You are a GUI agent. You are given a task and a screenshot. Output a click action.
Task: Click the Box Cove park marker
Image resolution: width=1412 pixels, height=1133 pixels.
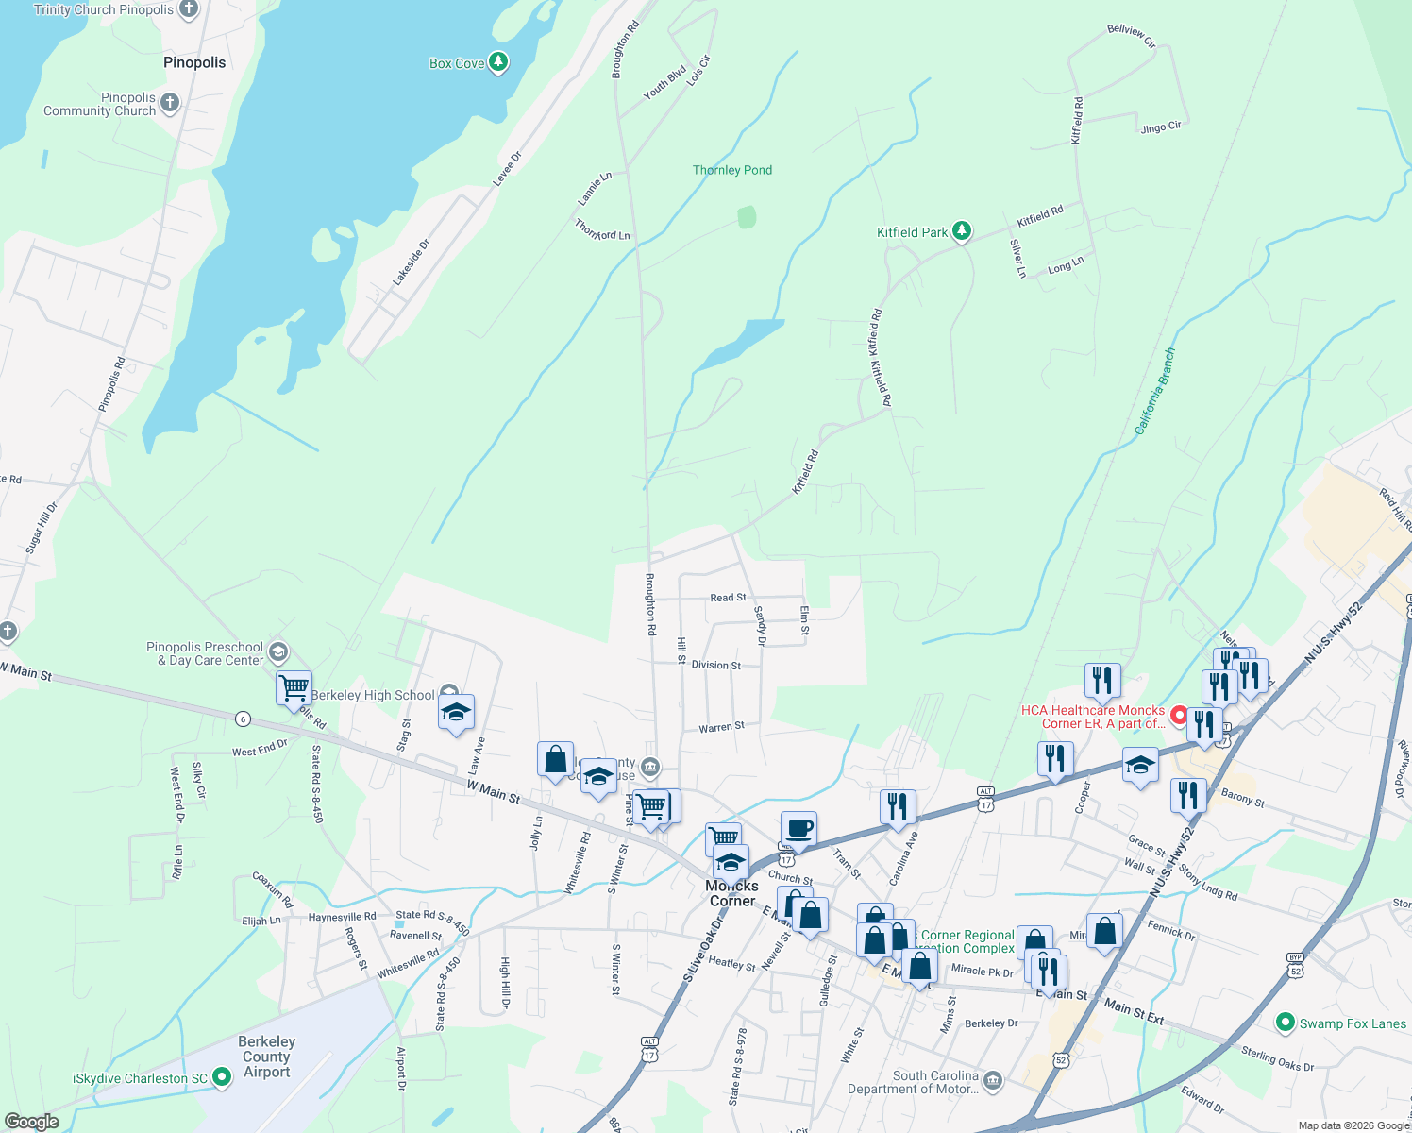point(498,62)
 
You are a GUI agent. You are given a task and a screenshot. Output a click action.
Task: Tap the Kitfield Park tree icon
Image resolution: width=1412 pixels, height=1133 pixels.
point(961,230)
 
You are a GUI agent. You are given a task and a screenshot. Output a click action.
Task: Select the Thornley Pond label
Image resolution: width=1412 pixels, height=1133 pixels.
point(731,170)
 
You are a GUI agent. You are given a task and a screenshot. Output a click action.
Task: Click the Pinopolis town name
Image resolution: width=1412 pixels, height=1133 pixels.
point(194,62)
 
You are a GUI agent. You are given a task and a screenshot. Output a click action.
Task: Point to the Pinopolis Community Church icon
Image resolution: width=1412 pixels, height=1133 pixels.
point(170,102)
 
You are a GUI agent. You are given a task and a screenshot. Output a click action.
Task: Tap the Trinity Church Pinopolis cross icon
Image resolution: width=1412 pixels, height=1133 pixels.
point(188,9)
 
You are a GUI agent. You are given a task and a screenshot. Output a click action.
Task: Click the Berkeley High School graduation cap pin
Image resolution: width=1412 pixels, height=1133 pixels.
point(456,713)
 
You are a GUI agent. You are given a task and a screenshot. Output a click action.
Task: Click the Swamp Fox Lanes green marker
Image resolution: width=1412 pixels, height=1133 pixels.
point(1284,1023)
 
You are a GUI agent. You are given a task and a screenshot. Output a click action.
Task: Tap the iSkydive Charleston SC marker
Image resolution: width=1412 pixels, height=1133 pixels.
point(222,1076)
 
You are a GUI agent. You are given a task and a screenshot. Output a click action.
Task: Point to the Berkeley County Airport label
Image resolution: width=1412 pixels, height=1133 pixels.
point(266,1056)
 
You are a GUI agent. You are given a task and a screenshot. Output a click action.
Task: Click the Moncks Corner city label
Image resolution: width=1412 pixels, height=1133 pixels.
point(731,893)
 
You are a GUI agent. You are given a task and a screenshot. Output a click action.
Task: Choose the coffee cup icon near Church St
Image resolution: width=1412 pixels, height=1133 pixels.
point(798,828)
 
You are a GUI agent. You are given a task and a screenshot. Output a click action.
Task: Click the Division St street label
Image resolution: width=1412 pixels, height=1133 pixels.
point(715,665)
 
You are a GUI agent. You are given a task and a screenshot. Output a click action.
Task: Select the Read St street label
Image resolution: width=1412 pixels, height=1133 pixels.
point(728,598)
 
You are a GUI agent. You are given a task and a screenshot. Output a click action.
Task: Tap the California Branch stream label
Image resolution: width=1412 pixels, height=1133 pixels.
point(1155,391)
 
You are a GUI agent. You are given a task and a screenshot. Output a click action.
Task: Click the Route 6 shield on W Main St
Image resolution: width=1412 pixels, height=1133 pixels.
point(244,719)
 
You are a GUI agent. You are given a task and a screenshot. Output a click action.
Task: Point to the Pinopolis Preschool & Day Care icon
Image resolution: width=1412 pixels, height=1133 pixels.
point(277,651)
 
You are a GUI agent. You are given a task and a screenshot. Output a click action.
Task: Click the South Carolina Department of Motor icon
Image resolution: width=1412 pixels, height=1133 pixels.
point(992,1080)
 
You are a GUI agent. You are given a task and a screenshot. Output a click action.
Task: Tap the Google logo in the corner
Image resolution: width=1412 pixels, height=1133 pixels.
point(32,1122)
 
